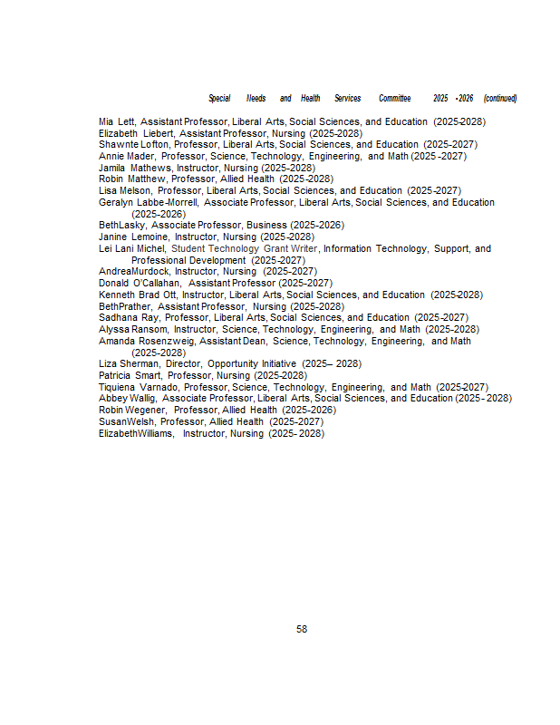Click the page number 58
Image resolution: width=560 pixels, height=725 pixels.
(302, 629)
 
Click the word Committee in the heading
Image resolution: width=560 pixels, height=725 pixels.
(394, 98)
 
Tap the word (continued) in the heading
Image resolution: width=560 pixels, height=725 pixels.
(500, 98)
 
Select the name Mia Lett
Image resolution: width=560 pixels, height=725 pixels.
(116, 121)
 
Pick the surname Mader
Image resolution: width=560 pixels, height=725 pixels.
(143, 156)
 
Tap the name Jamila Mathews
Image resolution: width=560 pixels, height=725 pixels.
(135, 168)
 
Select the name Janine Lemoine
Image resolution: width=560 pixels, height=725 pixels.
(134, 237)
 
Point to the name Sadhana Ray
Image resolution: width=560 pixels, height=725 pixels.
(128, 317)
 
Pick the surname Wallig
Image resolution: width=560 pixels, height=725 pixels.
(141, 398)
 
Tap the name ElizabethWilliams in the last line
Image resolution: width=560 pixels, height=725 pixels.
(137, 433)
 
